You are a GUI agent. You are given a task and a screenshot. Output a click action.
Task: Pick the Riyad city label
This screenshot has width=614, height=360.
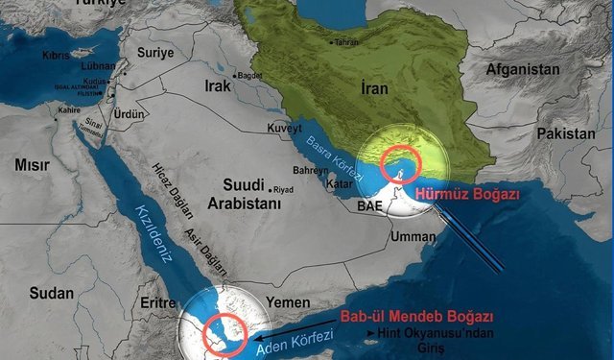click(x=284, y=189)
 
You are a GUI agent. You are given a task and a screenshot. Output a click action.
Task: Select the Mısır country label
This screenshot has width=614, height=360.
click(x=33, y=165)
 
